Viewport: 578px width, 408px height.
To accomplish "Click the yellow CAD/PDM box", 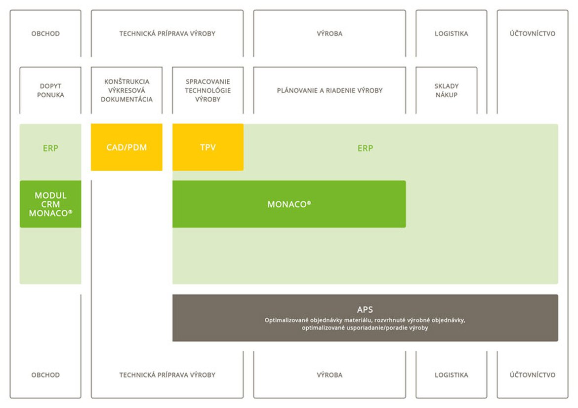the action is (x=126, y=148).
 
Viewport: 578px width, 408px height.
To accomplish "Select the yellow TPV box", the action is (x=208, y=148).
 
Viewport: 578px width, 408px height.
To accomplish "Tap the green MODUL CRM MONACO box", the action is (x=50, y=204).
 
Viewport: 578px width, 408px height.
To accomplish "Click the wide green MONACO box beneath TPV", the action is (x=289, y=204).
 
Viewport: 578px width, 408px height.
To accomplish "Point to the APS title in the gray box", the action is (x=365, y=310).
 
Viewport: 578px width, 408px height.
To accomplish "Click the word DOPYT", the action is (x=50, y=86).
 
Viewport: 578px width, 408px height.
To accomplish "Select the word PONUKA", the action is (x=50, y=95).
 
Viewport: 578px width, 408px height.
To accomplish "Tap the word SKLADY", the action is (x=447, y=86).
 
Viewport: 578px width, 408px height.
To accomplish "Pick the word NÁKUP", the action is (x=447, y=95).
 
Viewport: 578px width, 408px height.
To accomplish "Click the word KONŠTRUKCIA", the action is (x=127, y=81).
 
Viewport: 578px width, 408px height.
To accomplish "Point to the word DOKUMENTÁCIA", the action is (x=127, y=99).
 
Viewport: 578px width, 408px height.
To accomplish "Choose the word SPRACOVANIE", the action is (x=208, y=81).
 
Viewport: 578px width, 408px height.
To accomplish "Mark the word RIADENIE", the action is (x=339, y=90).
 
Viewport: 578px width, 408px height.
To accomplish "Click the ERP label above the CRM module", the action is (x=50, y=148).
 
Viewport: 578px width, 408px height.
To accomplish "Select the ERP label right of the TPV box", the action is (x=365, y=148).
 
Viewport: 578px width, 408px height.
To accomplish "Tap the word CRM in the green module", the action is (x=50, y=204).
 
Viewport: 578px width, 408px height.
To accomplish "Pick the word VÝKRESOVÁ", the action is (x=127, y=90).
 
